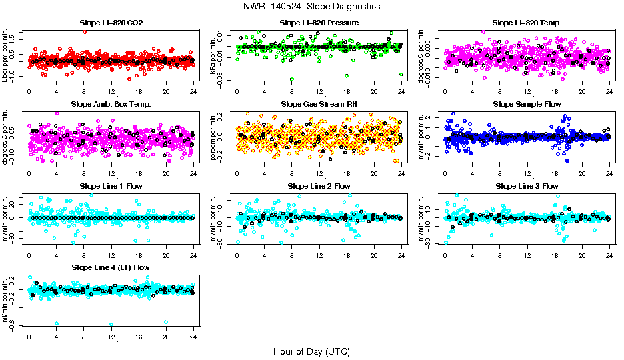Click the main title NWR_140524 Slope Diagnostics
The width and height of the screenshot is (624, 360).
[312, 6]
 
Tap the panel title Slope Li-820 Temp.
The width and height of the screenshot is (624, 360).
[527, 23]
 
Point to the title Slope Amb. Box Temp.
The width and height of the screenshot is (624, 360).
[111, 105]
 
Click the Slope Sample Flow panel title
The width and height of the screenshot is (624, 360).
[527, 105]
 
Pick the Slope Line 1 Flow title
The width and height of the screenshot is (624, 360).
[111, 186]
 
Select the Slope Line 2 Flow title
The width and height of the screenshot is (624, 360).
[319, 186]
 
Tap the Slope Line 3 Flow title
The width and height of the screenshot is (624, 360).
[527, 186]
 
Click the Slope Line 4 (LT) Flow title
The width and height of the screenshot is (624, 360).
[111, 267]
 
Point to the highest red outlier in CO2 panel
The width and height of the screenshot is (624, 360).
[85, 31]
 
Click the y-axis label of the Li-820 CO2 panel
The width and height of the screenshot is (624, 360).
[5, 56]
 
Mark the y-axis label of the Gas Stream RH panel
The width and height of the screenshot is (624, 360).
[213, 137]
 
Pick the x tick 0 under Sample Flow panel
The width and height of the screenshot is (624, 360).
[445, 173]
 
